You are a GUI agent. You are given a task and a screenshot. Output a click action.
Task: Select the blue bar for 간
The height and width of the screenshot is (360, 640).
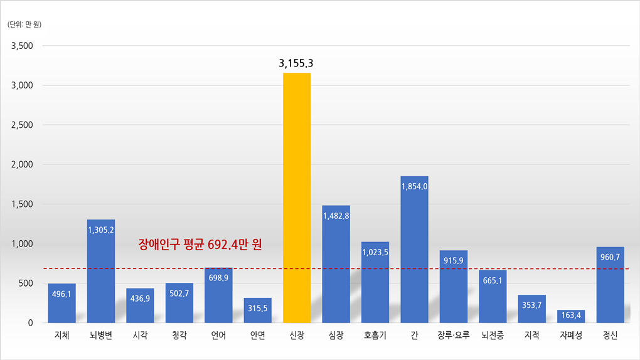coord(414,251)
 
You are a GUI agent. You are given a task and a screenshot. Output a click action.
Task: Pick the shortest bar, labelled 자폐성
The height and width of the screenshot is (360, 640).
coord(571,317)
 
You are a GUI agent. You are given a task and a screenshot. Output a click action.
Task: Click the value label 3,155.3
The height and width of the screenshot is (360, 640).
coord(296,63)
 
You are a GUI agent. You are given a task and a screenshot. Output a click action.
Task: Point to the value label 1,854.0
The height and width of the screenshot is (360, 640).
coord(414,186)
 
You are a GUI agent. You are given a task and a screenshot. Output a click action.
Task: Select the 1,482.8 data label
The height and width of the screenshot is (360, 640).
coord(336,216)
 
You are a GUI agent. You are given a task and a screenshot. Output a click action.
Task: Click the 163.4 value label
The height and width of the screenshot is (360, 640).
coord(571,314)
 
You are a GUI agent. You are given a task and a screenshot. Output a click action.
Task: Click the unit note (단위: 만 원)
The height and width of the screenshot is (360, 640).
coord(24,24)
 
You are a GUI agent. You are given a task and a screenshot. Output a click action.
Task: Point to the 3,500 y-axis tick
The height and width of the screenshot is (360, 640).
coord(22,46)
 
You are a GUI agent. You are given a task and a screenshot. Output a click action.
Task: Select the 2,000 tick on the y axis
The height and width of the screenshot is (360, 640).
coord(22,164)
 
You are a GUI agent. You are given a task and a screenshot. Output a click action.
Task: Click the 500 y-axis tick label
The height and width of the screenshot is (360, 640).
coord(25,283)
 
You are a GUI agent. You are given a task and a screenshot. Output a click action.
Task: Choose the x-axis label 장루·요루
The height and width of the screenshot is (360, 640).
coord(454,336)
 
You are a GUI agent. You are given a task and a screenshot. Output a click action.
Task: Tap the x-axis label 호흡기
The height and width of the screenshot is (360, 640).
coord(375,336)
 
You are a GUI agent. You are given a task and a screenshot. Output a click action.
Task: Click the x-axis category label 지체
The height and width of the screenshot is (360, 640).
coord(61,336)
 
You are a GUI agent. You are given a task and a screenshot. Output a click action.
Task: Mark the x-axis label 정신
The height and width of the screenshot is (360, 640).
coord(610,336)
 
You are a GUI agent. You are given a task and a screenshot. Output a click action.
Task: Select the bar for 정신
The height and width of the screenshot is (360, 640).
coord(610,289)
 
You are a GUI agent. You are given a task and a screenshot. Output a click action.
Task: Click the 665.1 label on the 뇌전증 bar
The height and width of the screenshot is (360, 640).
coord(493,280)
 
